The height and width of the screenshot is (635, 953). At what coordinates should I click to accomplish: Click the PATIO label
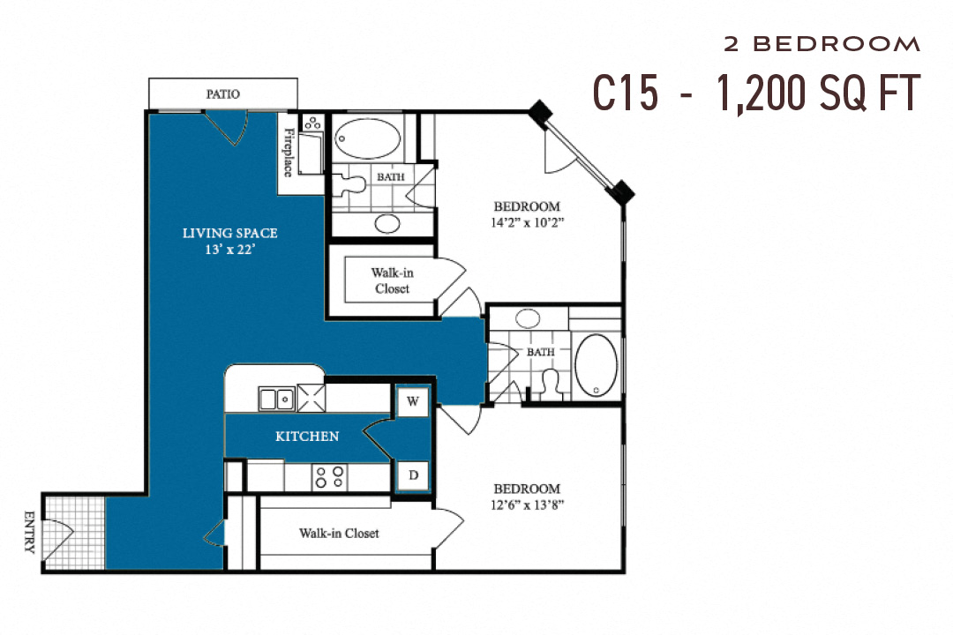click(x=222, y=93)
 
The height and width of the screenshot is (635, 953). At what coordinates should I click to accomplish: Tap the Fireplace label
click(x=289, y=152)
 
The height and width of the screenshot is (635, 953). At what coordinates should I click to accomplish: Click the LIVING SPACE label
click(x=229, y=234)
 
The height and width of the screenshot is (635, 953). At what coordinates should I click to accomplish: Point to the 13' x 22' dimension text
click(x=229, y=250)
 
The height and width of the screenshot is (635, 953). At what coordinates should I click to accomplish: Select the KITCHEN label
click(x=307, y=437)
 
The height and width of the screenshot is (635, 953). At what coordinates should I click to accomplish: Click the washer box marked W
click(x=412, y=401)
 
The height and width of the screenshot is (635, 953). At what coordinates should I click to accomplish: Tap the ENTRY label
click(x=29, y=532)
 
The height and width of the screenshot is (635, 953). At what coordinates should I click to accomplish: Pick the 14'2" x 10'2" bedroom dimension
click(x=528, y=222)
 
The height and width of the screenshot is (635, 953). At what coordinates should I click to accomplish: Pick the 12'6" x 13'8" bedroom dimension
click(x=527, y=505)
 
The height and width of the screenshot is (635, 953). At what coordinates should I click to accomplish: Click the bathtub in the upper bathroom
click(x=368, y=138)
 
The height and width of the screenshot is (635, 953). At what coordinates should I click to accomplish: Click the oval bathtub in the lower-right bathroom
click(x=597, y=365)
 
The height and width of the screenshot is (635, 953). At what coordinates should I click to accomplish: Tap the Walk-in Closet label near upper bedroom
click(x=392, y=280)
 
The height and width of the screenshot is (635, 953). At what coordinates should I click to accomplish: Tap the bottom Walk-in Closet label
click(x=339, y=533)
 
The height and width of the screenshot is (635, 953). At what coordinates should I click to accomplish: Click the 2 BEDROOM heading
click(x=822, y=43)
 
